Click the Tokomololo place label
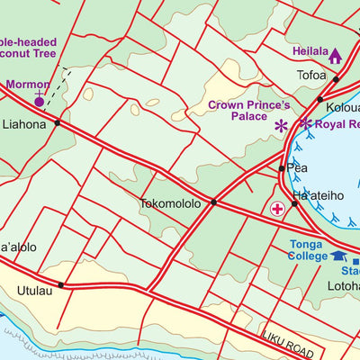click(170, 203)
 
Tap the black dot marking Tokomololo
click(213, 202)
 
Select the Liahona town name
click(24, 124)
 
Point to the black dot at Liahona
click(57, 122)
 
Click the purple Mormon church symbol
click(39, 100)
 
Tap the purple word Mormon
click(27, 85)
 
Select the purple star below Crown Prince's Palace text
click(281, 126)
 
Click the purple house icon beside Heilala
click(335, 57)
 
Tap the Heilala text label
click(309, 51)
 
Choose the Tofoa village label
click(311, 76)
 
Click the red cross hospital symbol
click(277, 209)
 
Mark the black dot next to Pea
click(282, 168)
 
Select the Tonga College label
click(309, 250)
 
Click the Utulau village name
click(34, 291)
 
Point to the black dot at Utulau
click(61, 285)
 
